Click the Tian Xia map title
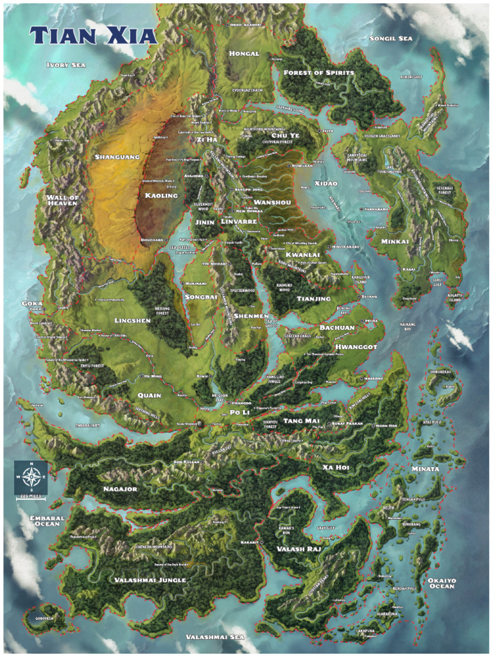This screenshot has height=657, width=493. click(93, 35)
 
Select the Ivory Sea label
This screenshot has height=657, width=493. click(66, 65)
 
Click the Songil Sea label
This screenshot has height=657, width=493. click(390, 38)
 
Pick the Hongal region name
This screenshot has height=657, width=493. click(244, 54)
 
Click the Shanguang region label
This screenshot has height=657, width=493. click(117, 157)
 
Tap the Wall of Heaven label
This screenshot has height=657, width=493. click(62, 200)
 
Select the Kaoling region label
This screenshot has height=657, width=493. click(161, 196)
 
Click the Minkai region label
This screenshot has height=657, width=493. click(394, 242)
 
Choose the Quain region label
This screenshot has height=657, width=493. click(149, 395)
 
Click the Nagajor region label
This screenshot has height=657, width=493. click(120, 490)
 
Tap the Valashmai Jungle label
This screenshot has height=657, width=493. click(150, 580)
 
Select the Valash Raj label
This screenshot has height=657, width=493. click(298, 549)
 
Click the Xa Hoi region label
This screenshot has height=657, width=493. click(335, 468)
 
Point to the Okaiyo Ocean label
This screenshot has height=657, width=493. click(442, 583)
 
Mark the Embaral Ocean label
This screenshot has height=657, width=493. click(47, 521)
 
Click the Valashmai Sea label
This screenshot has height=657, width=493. click(214, 637)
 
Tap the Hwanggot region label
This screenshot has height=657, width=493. click(356, 346)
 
